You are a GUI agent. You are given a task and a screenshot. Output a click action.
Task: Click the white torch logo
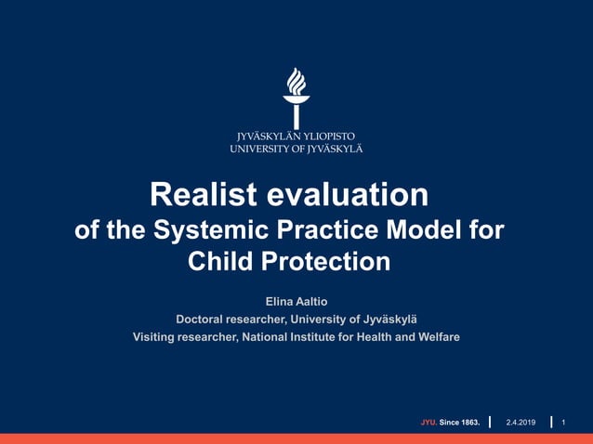[296, 98]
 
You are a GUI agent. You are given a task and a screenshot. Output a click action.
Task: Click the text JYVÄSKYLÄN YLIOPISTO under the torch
[296, 136]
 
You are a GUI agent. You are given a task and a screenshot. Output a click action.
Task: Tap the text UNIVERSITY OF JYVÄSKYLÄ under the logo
[296, 148]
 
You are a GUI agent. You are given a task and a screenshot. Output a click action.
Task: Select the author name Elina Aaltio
[296, 302]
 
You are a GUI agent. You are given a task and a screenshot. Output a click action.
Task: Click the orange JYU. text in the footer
[428, 423]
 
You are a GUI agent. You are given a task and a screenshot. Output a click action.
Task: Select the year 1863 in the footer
[468, 423]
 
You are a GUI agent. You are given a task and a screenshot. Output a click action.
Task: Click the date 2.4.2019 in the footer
[521, 423]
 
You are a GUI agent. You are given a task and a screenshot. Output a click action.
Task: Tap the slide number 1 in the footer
[564, 423]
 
